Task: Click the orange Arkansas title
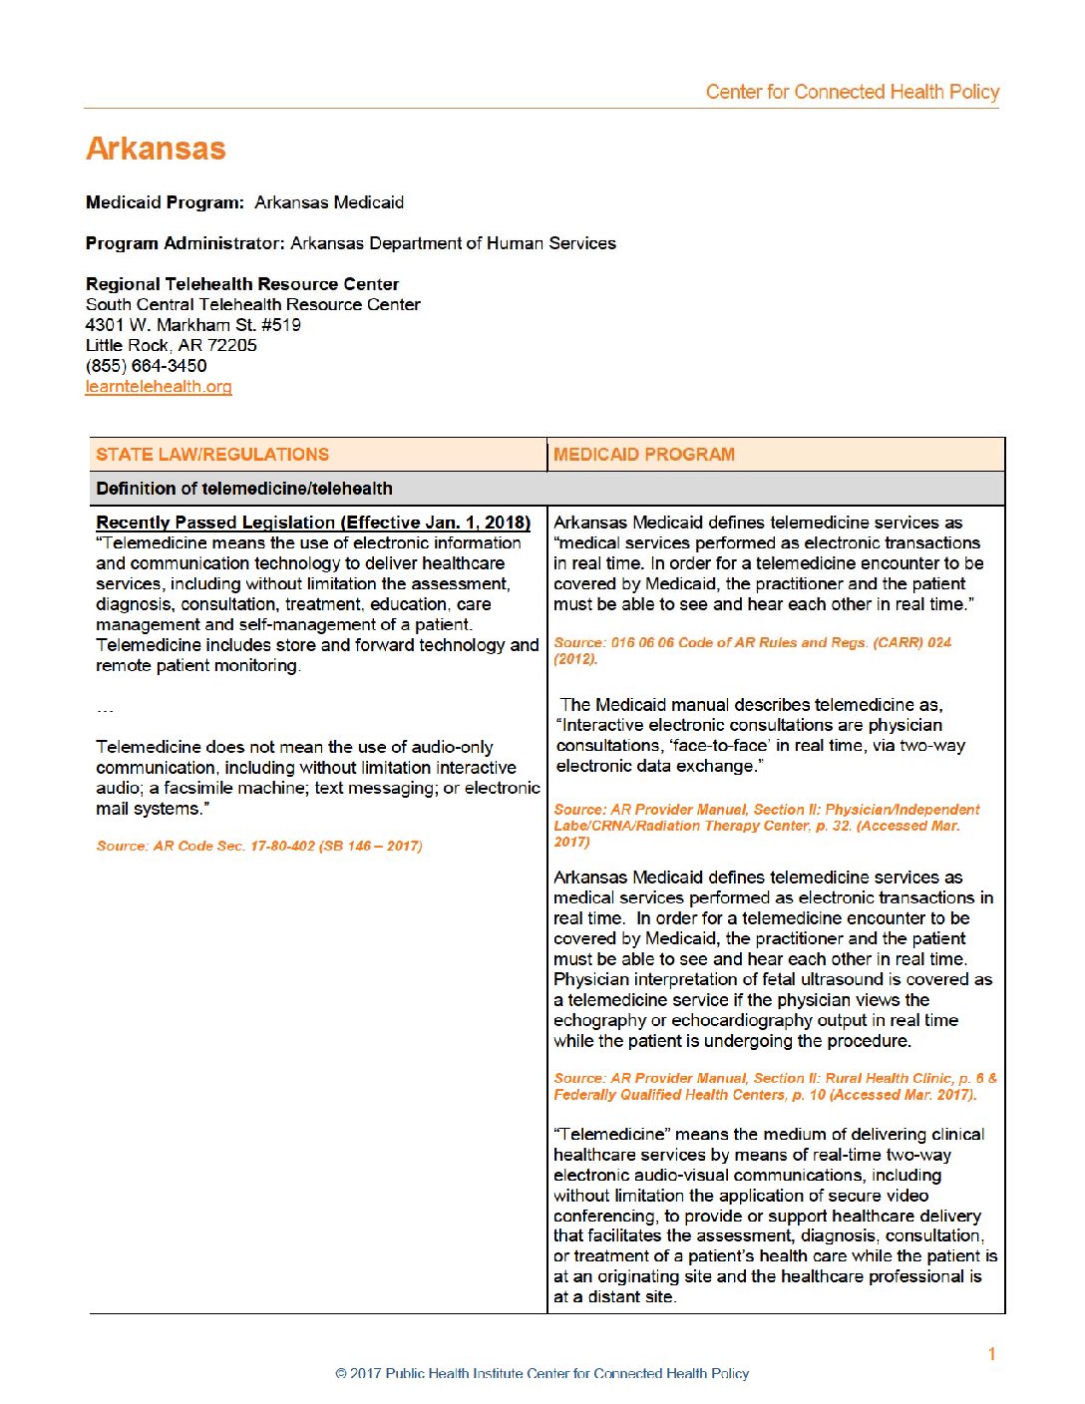[x=156, y=149]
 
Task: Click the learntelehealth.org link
[x=159, y=387]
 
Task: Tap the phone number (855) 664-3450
[x=147, y=366]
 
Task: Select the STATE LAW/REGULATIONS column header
[x=212, y=455]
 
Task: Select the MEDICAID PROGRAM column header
[x=644, y=455]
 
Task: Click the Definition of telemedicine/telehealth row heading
[x=244, y=489]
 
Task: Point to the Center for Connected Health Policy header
[x=852, y=92]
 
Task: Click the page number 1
[x=991, y=1353]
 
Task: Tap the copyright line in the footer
[x=542, y=1373]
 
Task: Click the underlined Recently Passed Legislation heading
[x=313, y=523]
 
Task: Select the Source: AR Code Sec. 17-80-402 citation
[x=259, y=846]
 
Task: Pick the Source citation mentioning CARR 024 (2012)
[x=752, y=650]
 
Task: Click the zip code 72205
[x=232, y=346]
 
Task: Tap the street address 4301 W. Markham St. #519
[x=193, y=325]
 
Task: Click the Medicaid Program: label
[x=165, y=202]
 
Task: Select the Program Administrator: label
[x=185, y=243]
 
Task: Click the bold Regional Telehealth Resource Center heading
[x=242, y=284]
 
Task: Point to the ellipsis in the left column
[x=105, y=710]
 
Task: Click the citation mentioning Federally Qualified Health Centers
[x=765, y=1095]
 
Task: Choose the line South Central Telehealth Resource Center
[x=253, y=305]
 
